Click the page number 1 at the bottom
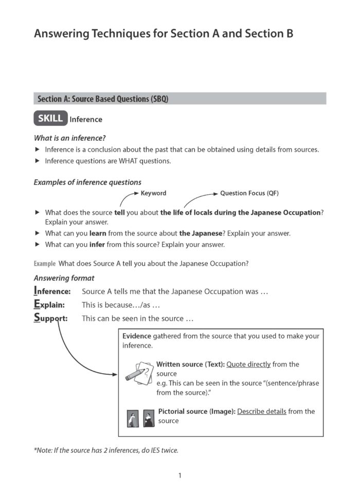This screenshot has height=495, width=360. pyautogui.click(x=179, y=475)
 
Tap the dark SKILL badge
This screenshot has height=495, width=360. pyautogui.click(x=50, y=119)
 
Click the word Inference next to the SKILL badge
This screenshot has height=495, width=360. pyautogui.click(x=86, y=120)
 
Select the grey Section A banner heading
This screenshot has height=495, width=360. pyautogui.click(x=179, y=99)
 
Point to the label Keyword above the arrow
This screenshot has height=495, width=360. pyautogui.click(x=153, y=193)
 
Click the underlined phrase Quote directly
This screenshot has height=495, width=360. pyautogui.click(x=248, y=364)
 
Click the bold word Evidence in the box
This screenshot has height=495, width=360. pyautogui.click(x=136, y=336)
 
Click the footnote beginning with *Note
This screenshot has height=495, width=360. pyautogui.click(x=105, y=451)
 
